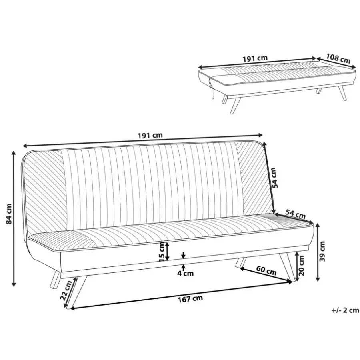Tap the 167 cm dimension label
click(x=190, y=299)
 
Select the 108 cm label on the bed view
click(x=338, y=58)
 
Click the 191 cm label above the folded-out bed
click(x=255, y=58)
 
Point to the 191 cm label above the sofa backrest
click(x=150, y=135)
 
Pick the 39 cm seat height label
click(x=322, y=251)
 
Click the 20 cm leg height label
click(x=302, y=265)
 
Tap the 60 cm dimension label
click(x=266, y=270)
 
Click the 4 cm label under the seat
click(x=185, y=273)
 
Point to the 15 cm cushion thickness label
click(x=162, y=252)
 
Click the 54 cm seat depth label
click(x=295, y=214)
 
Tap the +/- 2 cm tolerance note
click(x=345, y=310)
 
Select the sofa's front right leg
click(x=287, y=267)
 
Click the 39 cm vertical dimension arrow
click(x=318, y=252)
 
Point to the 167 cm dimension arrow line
click(x=182, y=295)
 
